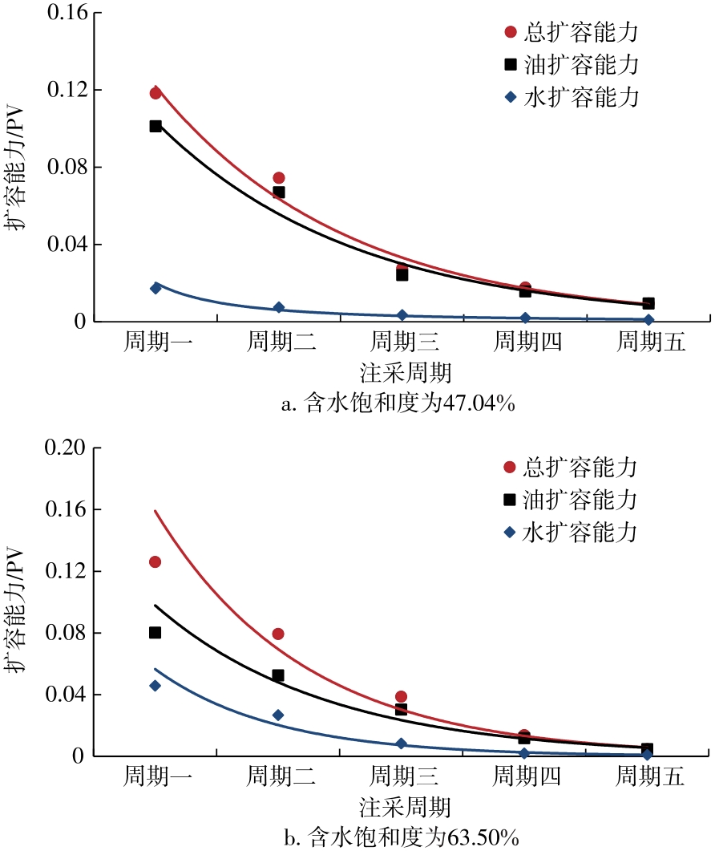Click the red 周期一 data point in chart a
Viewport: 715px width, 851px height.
(156, 93)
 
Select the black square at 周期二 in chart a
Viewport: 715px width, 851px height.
(279, 192)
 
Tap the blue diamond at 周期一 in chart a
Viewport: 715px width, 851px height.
(156, 288)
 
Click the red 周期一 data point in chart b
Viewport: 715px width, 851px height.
(155, 561)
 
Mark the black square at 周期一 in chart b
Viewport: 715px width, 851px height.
(155, 633)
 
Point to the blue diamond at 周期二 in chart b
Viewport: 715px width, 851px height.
(278, 715)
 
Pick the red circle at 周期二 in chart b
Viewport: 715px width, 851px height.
(278, 634)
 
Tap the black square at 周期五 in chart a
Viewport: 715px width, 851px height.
(648, 303)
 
